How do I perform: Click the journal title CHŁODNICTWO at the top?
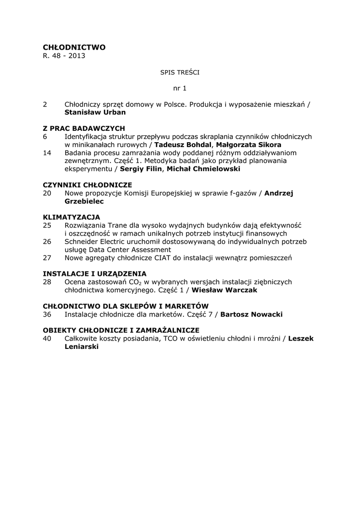click(74, 47)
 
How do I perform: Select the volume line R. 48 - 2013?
click(64, 56)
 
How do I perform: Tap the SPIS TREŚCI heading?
click(180, 72)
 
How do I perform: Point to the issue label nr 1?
click(180, 88)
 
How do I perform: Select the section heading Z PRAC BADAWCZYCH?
click(84, 128)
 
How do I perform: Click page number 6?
click(45, 136)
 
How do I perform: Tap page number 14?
click(47, 153)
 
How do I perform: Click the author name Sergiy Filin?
click(141, 169)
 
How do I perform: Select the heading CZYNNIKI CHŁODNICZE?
click(87, 184)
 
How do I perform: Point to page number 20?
click(47, 193)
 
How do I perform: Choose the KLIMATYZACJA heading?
click(72, 217)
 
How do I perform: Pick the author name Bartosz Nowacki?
click(252, 314)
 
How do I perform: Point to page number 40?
click(47, 339)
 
